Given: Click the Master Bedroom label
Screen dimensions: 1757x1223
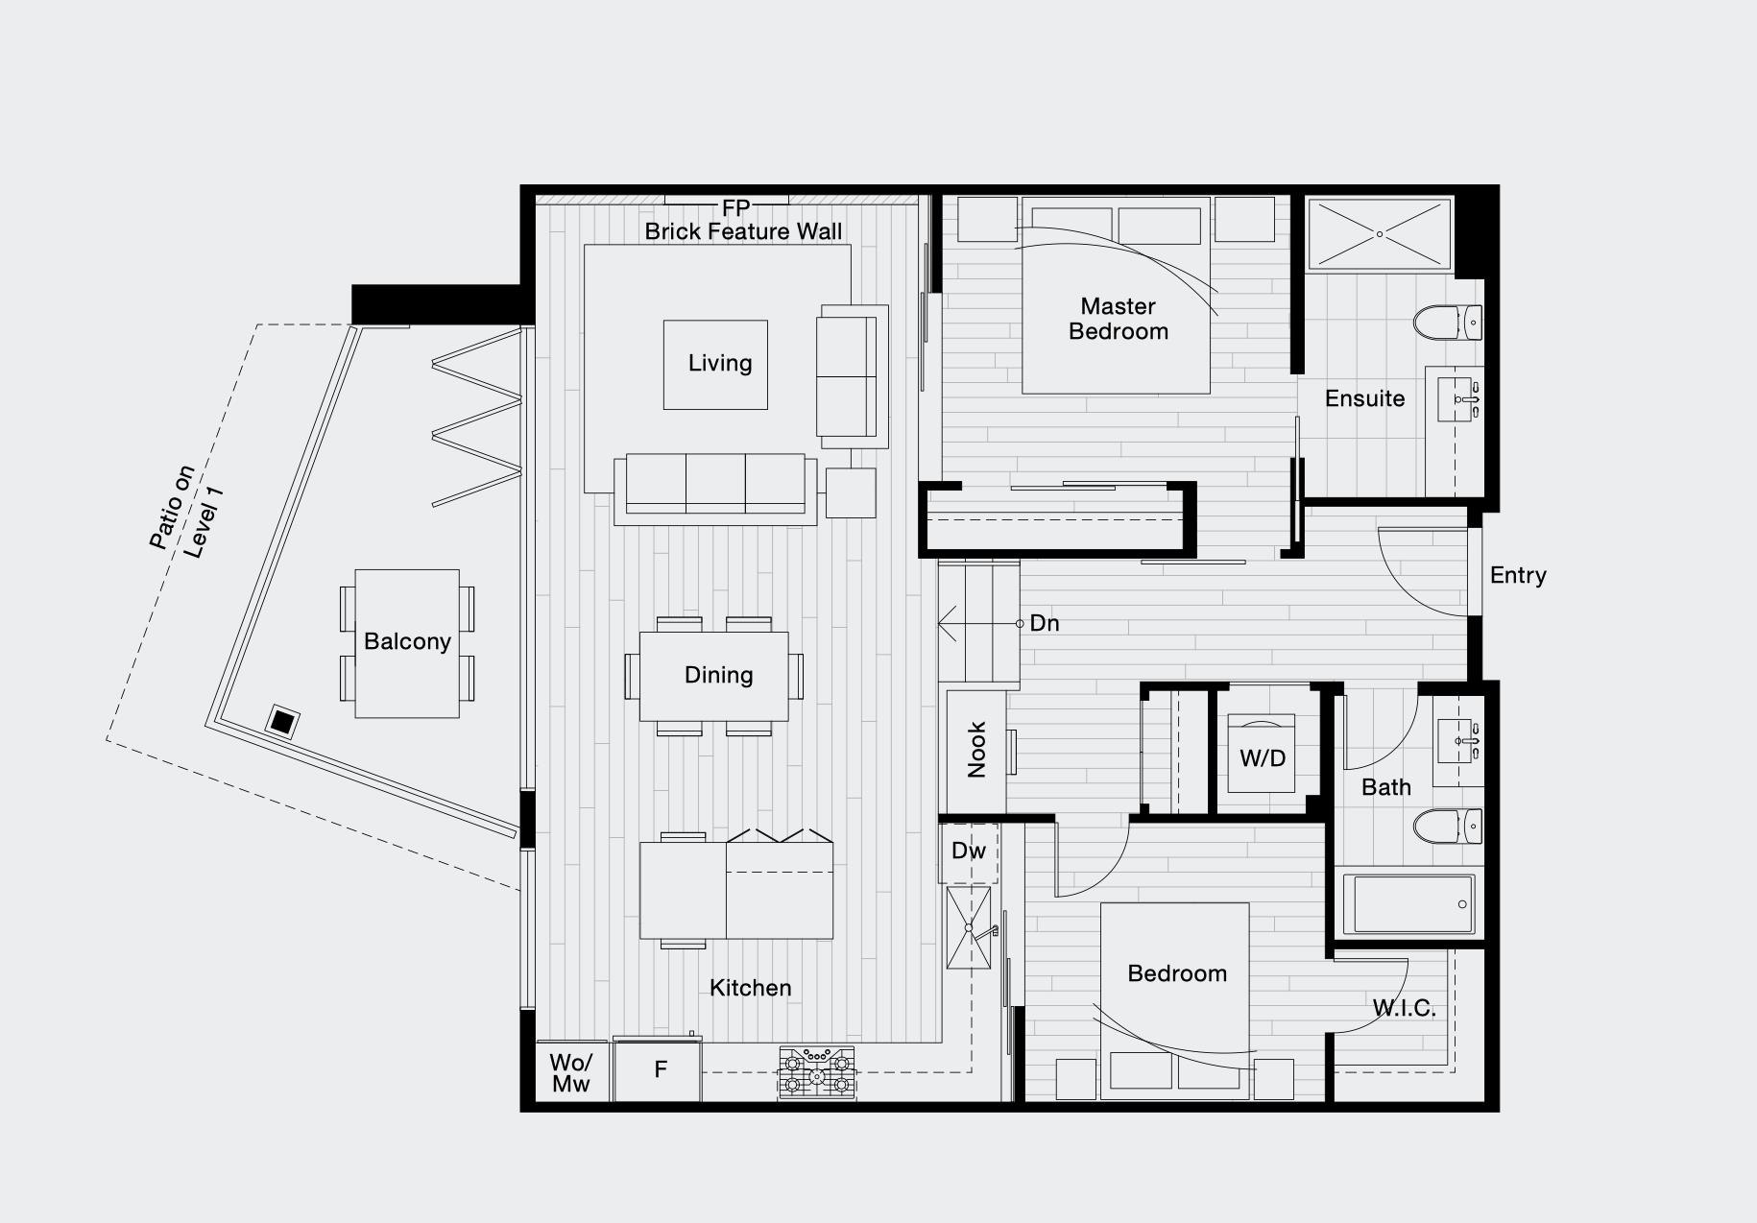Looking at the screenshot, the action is pos(1119,319).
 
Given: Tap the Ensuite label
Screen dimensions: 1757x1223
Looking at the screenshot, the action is pos(1364,398).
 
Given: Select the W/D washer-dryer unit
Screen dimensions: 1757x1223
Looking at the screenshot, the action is pos(1262,753).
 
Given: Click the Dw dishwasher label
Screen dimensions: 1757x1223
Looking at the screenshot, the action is pos(969,851).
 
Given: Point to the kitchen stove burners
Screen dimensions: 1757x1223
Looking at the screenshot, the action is pos(817,1072).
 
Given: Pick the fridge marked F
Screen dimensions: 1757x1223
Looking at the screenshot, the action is pos(659,1071).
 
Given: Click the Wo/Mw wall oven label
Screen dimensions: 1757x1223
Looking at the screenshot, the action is pos(571,1073).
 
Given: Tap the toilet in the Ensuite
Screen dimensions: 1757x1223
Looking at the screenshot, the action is pos(1449,323).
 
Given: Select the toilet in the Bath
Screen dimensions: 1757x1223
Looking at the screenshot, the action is pos(1449,826).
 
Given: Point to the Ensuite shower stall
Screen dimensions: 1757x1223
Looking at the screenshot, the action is pos(1380,234).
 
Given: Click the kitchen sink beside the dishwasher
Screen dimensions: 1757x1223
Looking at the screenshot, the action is pos(969,927).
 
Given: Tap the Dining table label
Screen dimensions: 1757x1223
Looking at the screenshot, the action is pos(719,675).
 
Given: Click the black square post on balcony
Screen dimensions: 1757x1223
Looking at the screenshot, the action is pos(282,721).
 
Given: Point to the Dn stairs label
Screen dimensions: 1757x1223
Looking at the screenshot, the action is pos(1044,623).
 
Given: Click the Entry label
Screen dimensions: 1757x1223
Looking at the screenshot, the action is pos(1518,575).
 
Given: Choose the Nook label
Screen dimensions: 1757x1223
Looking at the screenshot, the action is pos(976,750).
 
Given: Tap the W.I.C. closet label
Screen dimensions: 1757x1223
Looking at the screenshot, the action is pos(1404,1008).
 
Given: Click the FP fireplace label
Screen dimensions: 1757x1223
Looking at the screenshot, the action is pos(735,208).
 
